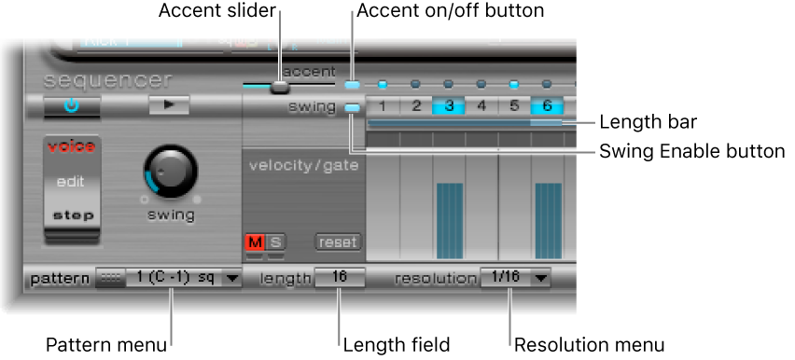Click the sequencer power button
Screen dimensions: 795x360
pos(72,105)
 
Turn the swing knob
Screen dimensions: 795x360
pos(172,171)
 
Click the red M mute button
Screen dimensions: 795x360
pos(254,243)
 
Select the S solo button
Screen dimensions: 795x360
pos(276,243)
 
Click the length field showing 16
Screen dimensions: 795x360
pos(337,278)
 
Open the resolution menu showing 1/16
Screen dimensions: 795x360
pos(514,278)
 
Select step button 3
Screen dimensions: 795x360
pos(449,105)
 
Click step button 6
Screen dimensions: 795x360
pos(547,105)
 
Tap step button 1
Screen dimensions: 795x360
pos(384,105)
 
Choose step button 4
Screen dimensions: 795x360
pos(481,105)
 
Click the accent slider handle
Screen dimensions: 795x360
pos(279,87)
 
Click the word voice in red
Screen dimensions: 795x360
pos(72,145)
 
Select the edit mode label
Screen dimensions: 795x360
pos(72,182)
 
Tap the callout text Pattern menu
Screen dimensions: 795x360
pos(107,345)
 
